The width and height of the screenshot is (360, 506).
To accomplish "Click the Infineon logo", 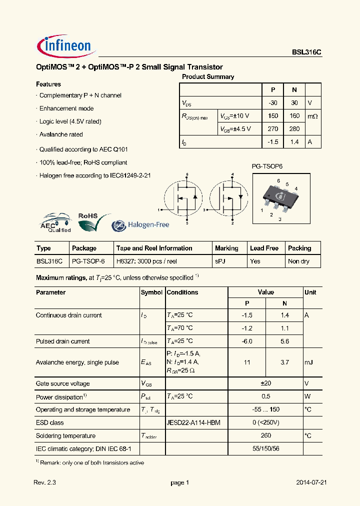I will pos(65,46).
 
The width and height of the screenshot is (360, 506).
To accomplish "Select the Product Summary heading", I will pos(208,77).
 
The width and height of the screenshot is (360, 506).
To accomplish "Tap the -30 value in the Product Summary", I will pos(273,102).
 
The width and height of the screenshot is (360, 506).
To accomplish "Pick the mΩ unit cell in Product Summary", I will pos(312,116).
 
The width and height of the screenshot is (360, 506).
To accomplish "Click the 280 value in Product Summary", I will pos(294,129).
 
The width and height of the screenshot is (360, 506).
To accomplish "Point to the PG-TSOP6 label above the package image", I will pos(266,166).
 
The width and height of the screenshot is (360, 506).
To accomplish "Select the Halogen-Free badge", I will pos(140,225).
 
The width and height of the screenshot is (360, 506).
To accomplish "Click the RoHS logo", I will pos(93,220).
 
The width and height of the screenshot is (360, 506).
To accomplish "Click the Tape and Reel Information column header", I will pos(154,248).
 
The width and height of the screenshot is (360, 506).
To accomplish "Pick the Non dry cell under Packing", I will pos(298,261).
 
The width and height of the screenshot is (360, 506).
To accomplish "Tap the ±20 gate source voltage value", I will pos(265,384).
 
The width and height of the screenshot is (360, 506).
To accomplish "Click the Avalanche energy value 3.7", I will pos(284,362).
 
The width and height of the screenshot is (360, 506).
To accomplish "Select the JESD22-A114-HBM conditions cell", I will pos(193,423).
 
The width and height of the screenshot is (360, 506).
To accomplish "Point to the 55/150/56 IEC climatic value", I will pos(265,449).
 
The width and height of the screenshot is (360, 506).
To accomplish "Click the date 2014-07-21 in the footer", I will pos(311,483).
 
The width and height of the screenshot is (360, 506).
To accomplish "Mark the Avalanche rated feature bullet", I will pos(61,134).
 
